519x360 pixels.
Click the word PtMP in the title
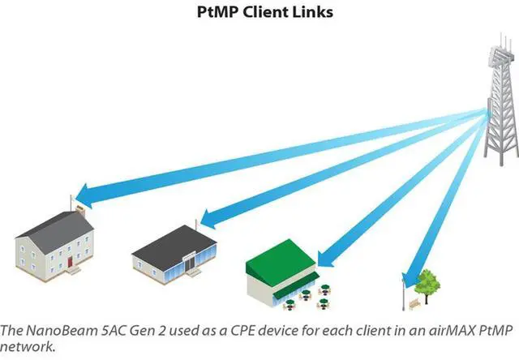click(218, 12)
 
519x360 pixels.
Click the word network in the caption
click(27, 347)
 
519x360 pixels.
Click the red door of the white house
click(70, 262)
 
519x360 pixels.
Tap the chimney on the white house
click(80, 211)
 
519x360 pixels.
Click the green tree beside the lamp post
click(427, 285)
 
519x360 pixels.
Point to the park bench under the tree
click(414, 303)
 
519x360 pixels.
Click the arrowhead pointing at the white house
click(84, 196)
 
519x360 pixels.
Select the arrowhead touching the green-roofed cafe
click(326, 259)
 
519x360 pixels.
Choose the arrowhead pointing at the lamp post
click(410, 281)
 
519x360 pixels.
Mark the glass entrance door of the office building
click(190, 263)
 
